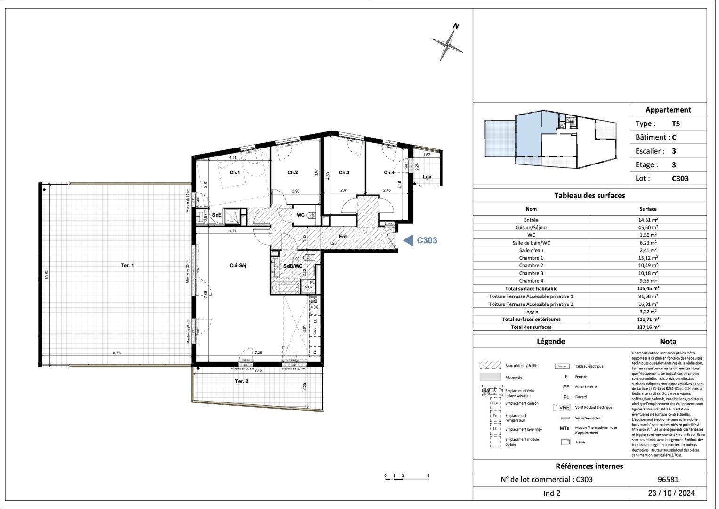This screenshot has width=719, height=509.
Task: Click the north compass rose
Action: tap(448, 44)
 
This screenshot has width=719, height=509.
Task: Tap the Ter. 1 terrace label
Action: tap(128, 266)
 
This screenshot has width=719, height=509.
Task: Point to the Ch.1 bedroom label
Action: tap(234, 172)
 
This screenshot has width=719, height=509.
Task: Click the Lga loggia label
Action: tap(427, 177)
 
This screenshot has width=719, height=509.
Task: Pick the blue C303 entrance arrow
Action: tap(407, 240)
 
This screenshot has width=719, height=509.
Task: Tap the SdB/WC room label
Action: tap(293, 266)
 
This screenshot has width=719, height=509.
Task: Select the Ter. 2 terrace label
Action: tap(242, 381)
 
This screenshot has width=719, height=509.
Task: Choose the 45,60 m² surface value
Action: tap(648, 227)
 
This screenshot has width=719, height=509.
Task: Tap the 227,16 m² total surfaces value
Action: tap(648, 327)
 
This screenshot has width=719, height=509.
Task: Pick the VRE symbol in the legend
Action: tap(564, 408)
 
